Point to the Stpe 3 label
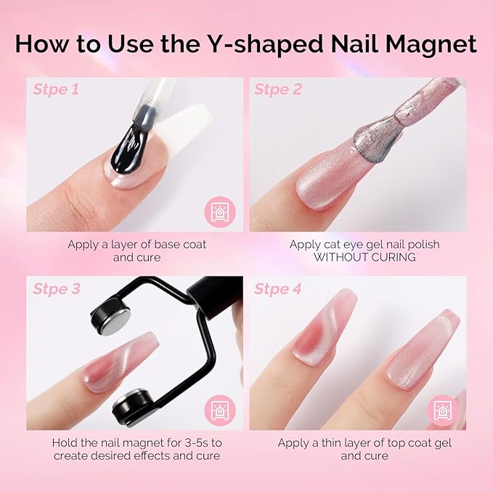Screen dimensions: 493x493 pyautogui.click(x=55, y=289)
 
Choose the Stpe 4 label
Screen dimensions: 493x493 pyautogui.click(x=277, y=289)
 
